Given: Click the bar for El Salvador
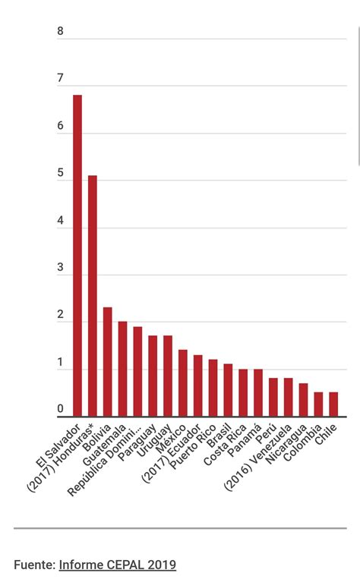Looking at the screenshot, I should tap(77, 256).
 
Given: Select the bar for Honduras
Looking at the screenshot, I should tap(93, 296).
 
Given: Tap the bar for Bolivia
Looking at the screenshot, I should tap(108, 362).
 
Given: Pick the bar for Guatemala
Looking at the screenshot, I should tap(122, 369).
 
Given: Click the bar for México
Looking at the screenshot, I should tap(183, 383).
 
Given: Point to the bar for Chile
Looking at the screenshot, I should tap(333, 404).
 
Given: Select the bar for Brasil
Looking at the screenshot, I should tap(228, 390).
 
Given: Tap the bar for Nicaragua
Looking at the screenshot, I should tap(303, 400).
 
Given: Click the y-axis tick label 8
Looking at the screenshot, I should tap(61, 32).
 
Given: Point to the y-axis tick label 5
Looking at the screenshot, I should tap(61, 173).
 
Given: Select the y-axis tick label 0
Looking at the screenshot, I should tap(61, 410).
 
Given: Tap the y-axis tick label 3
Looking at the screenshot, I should tap(61, 268).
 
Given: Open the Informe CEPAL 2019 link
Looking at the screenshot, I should tap(118, 565).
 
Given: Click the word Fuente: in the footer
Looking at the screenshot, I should tap(34, 565).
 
